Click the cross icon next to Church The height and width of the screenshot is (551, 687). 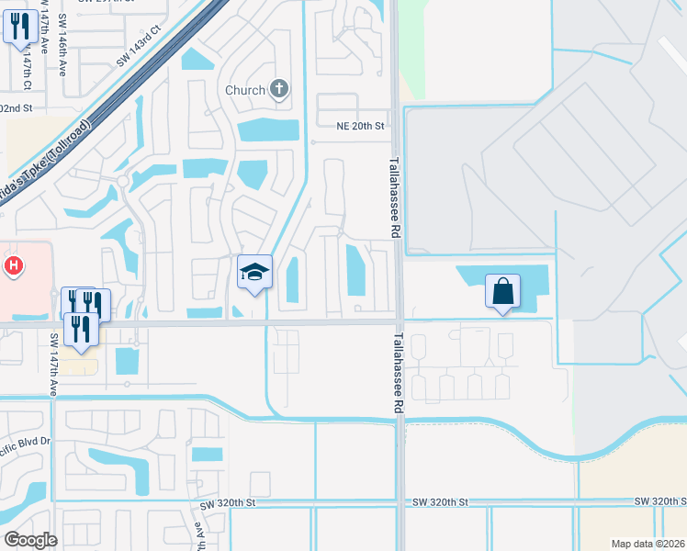280,90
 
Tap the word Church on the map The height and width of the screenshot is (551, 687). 246,90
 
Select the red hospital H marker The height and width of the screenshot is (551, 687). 14,267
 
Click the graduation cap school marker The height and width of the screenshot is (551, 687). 254,272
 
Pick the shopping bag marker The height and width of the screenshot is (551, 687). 502,292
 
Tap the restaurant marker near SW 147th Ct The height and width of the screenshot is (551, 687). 20,28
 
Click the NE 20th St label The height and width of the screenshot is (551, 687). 360,126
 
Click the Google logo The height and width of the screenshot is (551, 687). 30,539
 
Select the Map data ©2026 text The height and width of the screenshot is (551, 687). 648,544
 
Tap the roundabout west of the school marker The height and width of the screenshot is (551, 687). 123,181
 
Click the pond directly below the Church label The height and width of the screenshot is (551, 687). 267,130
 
